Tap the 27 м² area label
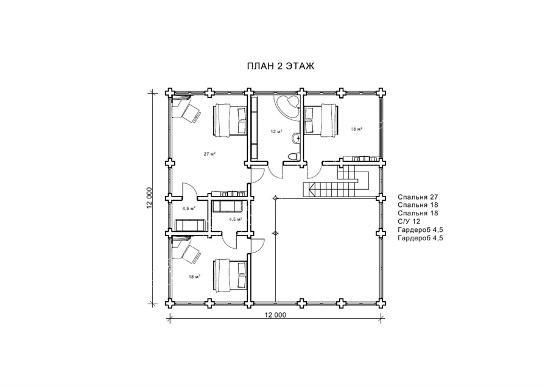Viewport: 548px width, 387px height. (209, 154)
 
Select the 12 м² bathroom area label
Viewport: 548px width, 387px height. (276, 131)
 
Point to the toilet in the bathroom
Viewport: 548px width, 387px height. (292, 155)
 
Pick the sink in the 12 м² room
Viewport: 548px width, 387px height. (297, 138)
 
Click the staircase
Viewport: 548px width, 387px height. (335, 181)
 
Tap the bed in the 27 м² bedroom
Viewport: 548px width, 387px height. (229, 119)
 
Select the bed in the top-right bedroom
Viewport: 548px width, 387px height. (321, 119)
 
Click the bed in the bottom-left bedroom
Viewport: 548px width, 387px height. (230, 275)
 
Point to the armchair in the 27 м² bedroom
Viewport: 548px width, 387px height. (191, 113)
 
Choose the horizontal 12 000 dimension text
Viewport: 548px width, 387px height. (275, 315)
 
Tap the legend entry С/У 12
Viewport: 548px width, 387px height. (409, 221)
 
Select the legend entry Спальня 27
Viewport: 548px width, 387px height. (418, 197)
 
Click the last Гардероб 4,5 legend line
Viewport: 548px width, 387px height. (420, 238)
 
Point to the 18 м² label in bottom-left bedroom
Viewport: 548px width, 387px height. (194, 277)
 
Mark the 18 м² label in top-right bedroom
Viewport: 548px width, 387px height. (356, 129)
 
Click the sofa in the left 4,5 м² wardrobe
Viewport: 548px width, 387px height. (190, 225)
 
